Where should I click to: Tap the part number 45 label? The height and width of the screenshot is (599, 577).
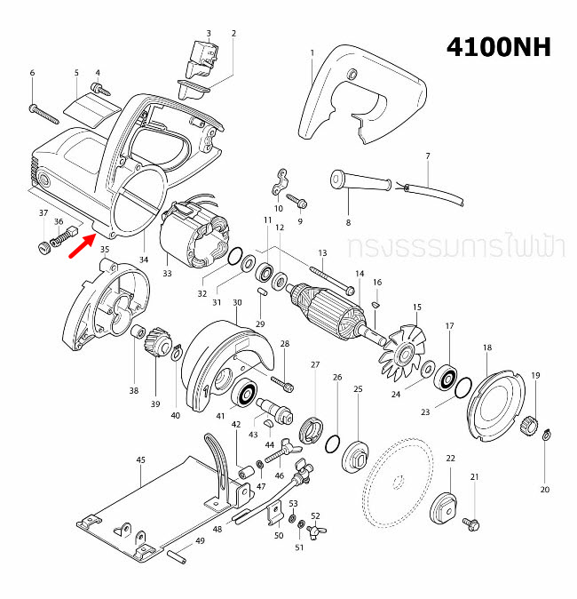pyautogui.click(x=140, y=459)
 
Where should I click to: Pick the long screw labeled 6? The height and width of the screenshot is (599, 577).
pyautogui.click(x=44, y=113)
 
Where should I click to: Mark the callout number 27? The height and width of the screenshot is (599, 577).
pyautogui.click(x=314, y=364)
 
